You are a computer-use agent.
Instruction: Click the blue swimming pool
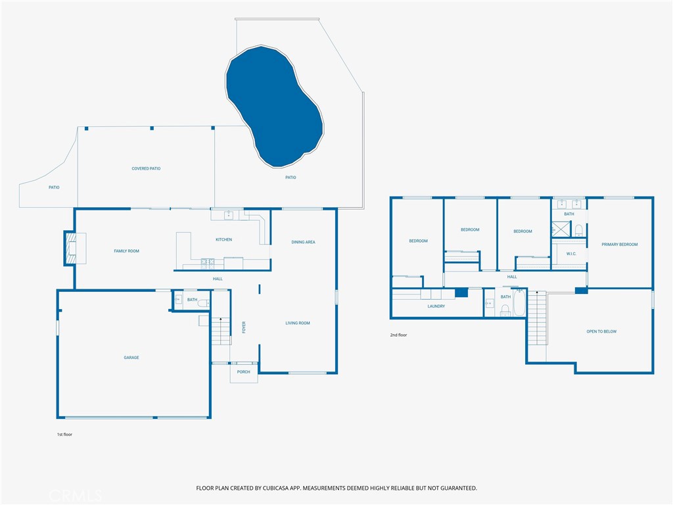274,105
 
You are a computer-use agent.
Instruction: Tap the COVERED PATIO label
146,169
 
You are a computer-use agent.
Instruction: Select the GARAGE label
131,358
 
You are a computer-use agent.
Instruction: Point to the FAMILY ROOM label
127,251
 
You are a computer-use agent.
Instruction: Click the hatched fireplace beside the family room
71,248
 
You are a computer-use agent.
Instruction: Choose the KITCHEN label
223,239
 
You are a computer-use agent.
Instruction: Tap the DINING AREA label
304,242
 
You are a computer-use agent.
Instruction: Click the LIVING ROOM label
298,324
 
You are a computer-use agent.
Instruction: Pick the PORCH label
243,372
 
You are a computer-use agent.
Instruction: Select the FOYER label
244,327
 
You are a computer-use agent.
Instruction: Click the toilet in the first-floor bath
203,303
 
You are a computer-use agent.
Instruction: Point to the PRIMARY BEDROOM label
619,245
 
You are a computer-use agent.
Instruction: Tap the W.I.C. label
571,254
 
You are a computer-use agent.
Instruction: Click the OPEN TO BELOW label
601,331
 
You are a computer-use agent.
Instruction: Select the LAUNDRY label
436,306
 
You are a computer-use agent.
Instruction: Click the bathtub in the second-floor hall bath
519,303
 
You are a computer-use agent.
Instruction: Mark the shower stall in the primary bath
561,229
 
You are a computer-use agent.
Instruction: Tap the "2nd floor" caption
398,335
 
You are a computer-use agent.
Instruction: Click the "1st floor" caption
65,435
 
